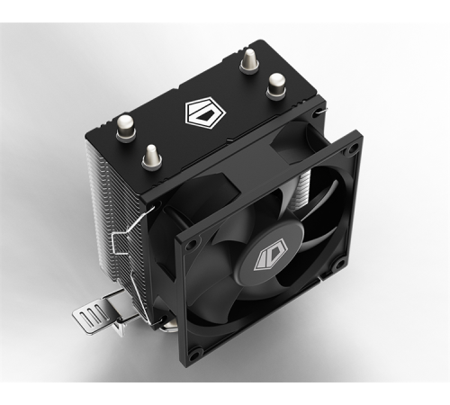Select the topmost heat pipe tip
point(247,58)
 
